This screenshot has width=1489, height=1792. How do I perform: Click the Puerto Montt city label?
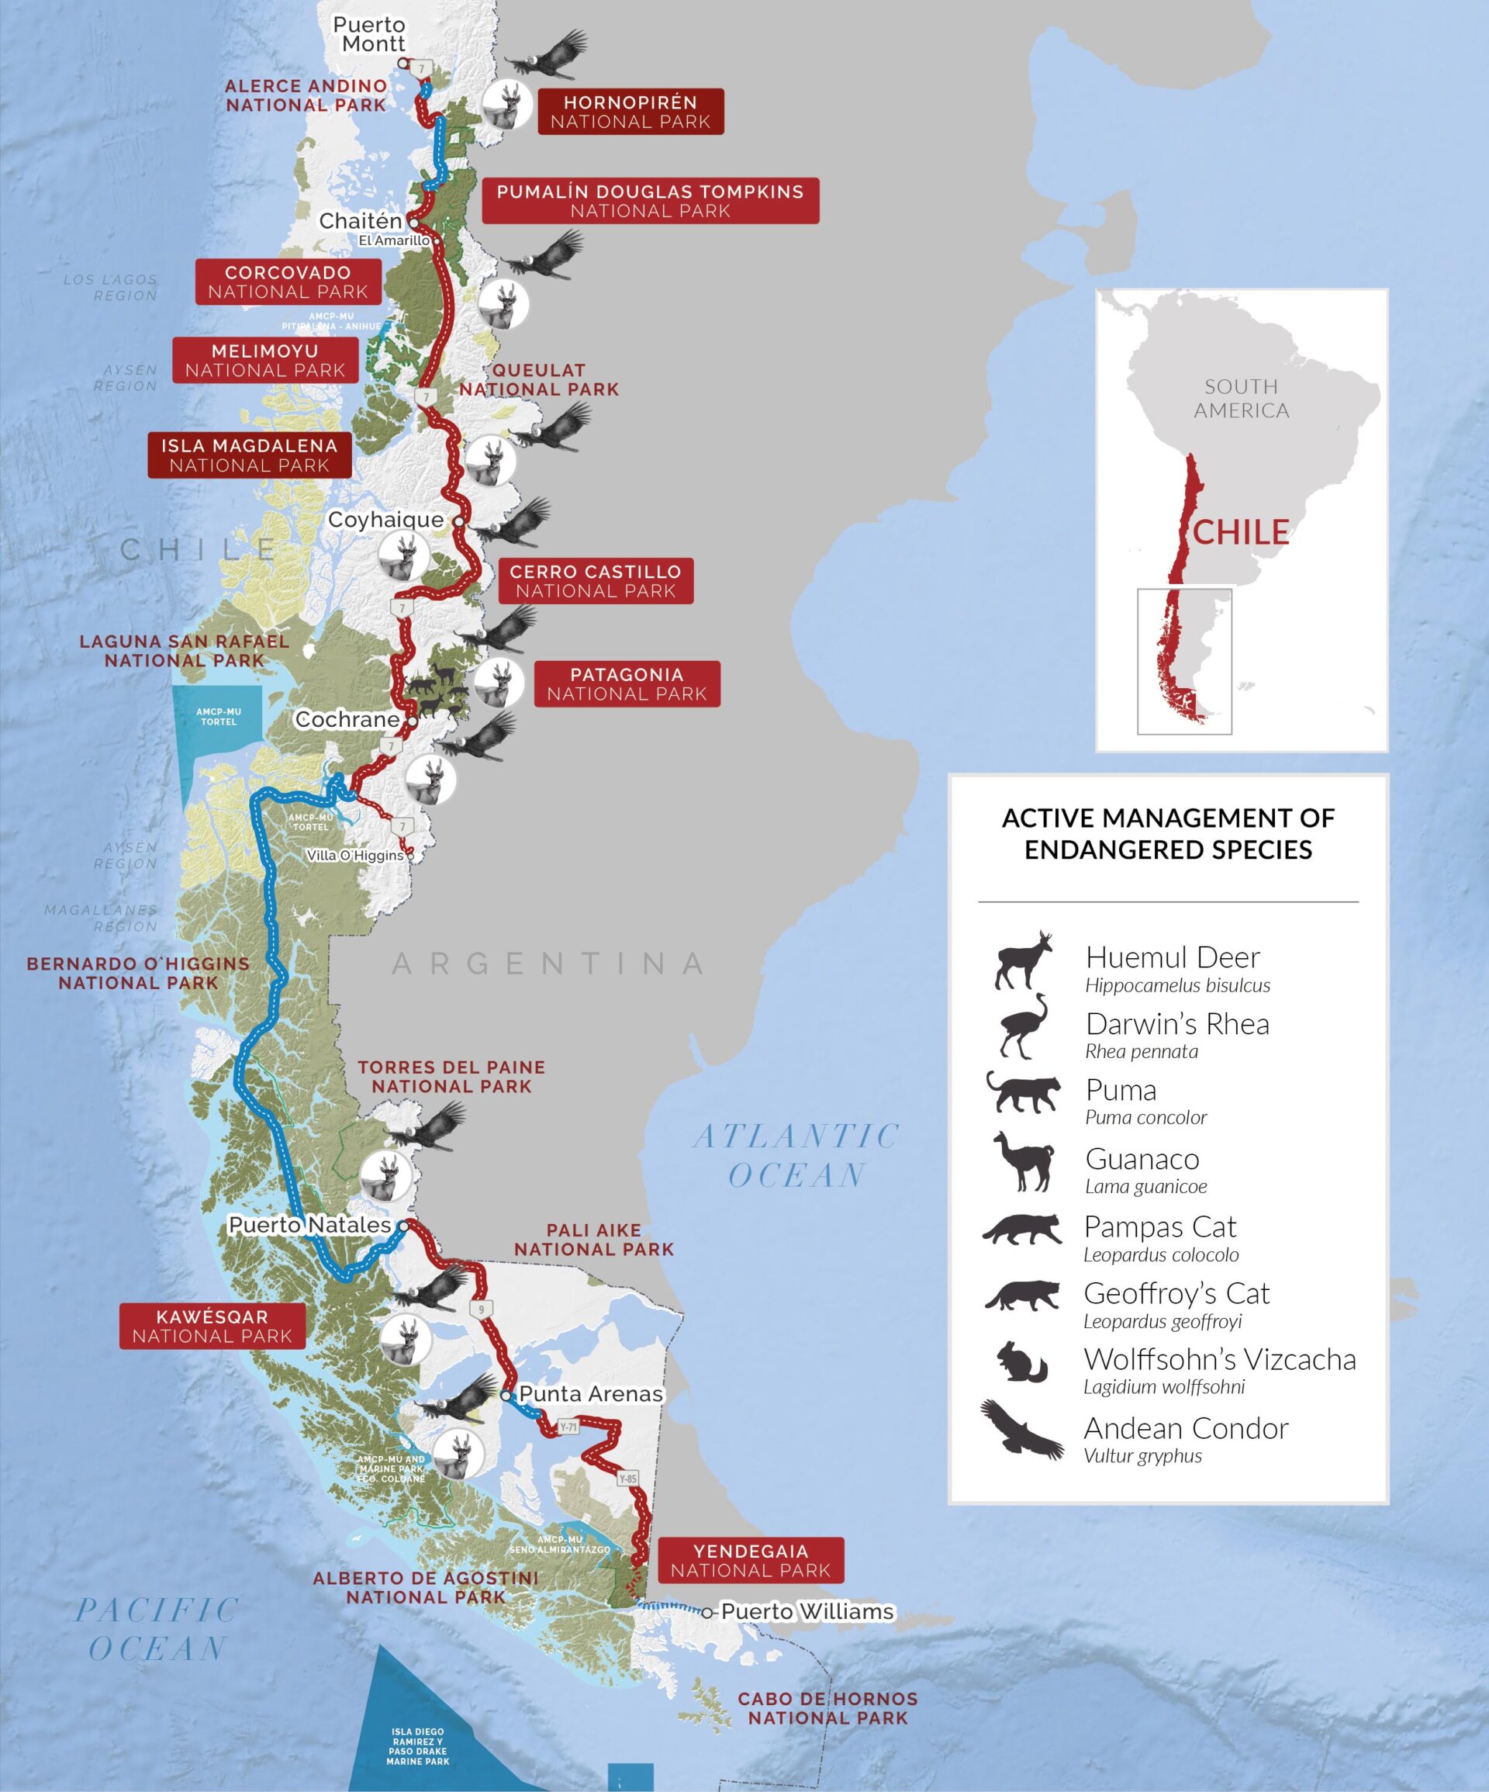pyautogui.click(x=369, y=35)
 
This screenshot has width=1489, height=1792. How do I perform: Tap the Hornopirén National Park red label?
pyautogui.click(x=630, y=112)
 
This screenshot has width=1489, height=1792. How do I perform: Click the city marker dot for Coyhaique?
pyautogui.click(x=458, y=521)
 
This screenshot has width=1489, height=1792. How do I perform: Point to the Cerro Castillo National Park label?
pyautogui.click(x=596, y=581)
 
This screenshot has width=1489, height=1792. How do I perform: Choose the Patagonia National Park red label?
pyautogui.click(x=627, y=684)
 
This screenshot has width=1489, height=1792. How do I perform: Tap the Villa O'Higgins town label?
pyautogui.click(x=355, y=855)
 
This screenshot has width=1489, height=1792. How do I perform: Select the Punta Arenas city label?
pyautogui.click(x=590, y=1393)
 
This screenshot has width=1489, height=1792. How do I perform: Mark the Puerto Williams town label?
pyautogui.click(x=807, y=1612)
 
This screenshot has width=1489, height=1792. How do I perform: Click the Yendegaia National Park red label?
pyautogui.click(x=750, y=1561)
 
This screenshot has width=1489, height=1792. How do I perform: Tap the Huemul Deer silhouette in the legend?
pyautogui.click(x=1024, y=962)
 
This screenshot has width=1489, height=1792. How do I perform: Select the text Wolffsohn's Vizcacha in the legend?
pyautogui.click(x=1219, y=1359)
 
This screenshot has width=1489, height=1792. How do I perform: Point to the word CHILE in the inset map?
pyautogui.click(x=1241, y=532)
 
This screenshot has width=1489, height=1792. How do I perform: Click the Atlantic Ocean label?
pyautogui.click(x=797, y=1155)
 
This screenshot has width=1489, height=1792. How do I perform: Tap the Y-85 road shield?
pyautogui.click(x=628, y=1479)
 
